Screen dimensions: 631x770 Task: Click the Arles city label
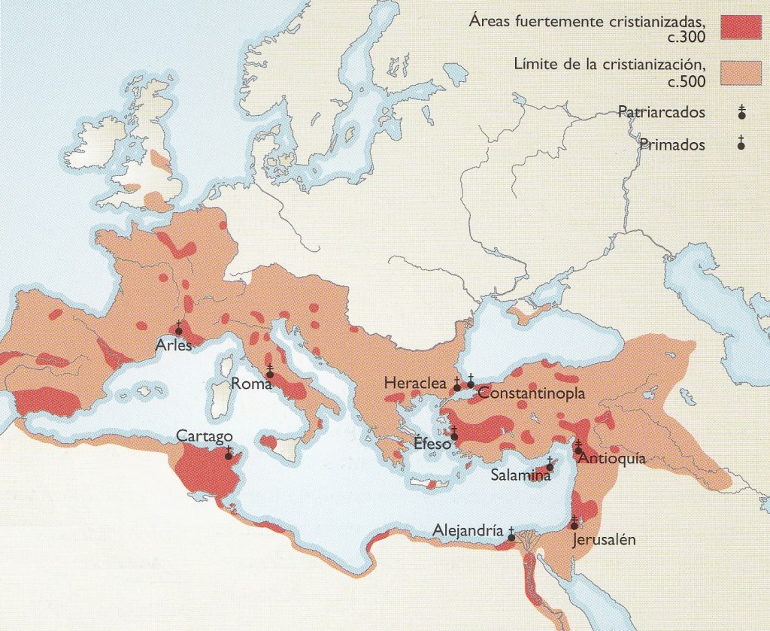point(174,347)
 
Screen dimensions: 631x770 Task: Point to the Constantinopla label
point(531,393)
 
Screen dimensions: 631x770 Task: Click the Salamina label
point(517,475)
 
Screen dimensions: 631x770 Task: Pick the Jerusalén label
point(604,540)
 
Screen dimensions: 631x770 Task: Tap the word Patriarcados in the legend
point(661,113)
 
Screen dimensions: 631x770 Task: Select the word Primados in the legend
point(671,144)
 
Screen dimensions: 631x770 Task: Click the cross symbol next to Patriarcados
point(741,113)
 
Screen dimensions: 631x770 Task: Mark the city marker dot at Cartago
point(229,456)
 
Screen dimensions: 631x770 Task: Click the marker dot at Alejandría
point(511,537)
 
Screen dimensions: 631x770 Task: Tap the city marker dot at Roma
point(269,374)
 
